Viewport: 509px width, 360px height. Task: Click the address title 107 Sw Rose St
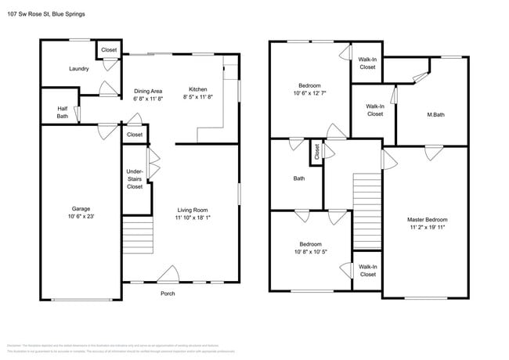click(x=45, y=14)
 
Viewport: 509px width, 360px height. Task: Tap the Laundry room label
click(x=78, y=69)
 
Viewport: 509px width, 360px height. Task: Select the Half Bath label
click(x=63, y=113)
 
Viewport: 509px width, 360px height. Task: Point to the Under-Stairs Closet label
click(x=135, y=179)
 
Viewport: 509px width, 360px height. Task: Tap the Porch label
click(x=168, y=293)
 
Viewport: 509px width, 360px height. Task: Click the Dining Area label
click(x=148, y=91)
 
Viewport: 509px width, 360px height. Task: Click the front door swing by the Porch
click(x=167, y=275)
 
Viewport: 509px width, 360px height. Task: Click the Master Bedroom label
click(x=427, y=220)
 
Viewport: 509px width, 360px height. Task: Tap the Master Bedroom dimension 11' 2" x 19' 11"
click(x=427, y=228)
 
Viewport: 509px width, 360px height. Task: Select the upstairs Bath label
click(x=299, y=178)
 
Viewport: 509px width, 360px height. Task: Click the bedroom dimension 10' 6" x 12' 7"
click(x=310, y=93)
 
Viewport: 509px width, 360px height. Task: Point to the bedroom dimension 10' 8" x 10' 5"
click(x=310, y=251)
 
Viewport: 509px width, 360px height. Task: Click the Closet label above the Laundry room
click(x=109, y=50)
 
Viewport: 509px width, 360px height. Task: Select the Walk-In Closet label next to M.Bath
click(x=374, y=110)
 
